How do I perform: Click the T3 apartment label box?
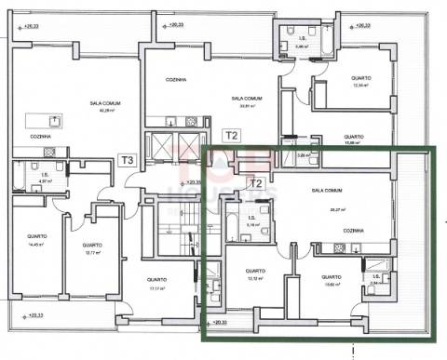[128, 160]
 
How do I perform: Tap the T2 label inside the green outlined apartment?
[254, 183]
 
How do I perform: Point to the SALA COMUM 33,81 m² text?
[247, 100]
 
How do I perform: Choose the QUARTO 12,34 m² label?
[361, 81]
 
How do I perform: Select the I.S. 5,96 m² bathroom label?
[300, 40]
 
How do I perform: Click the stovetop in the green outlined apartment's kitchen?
[332, 247]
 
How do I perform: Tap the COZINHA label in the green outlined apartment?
[353, 230]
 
